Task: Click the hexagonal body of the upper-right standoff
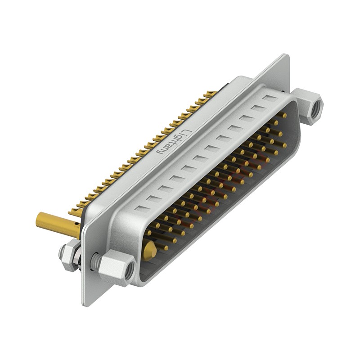coord(308,106)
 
